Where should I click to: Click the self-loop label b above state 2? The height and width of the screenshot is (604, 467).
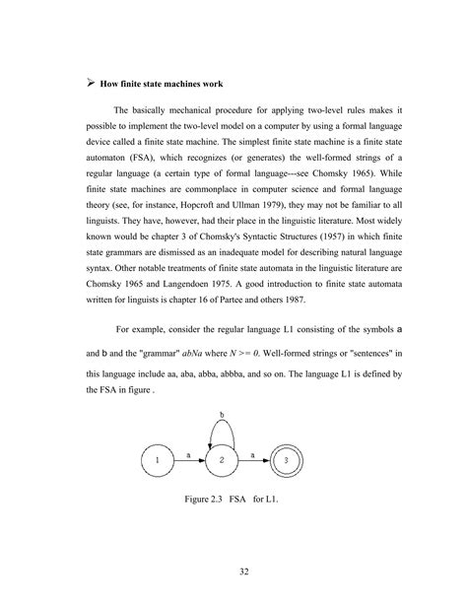coord(222,416)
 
